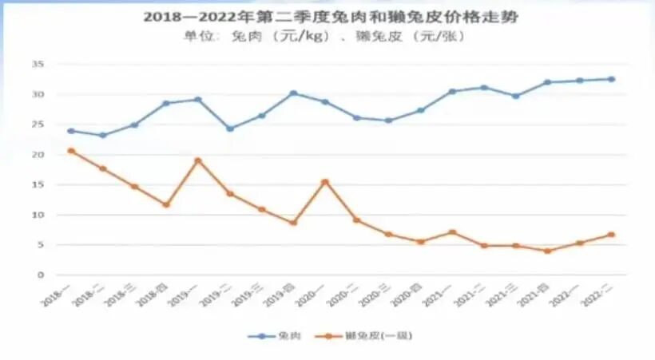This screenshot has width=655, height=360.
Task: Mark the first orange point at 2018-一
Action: [71, 151]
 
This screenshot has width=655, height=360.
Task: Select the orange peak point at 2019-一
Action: [198, 160]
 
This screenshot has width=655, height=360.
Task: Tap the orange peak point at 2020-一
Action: [325, 182]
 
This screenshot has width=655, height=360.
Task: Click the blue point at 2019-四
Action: [293, 93]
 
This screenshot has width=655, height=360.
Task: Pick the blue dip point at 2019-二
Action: [230, 129]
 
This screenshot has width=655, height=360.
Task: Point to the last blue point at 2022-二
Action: [611, 79]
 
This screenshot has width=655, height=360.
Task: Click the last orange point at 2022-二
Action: [611, 235]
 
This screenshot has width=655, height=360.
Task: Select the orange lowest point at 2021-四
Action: [547, 251]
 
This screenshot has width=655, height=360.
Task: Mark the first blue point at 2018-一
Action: [71, 131]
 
